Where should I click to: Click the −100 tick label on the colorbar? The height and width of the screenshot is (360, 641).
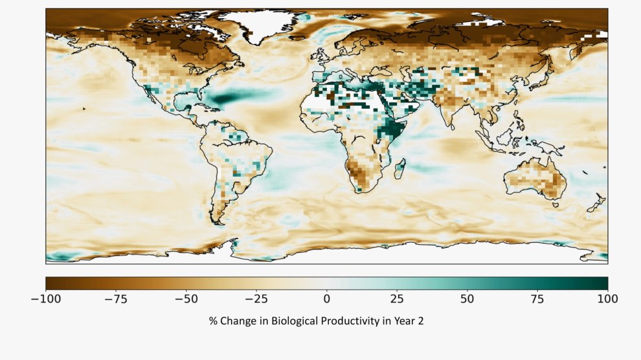pos(46,298)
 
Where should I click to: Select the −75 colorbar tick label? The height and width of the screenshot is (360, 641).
pos(116,298)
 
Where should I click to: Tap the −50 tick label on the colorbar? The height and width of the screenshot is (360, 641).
pos(186,298)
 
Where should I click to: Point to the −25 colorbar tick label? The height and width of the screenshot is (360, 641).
pos(256,298)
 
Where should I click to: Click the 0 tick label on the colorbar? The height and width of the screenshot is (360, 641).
pos(327,298)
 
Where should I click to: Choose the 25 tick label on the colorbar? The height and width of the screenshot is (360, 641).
pos(397,298)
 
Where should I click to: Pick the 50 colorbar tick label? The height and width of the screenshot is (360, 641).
pos(467,298)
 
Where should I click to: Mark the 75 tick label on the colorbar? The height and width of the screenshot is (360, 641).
pos(537,298)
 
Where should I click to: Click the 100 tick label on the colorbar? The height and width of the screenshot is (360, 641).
pos(607,298)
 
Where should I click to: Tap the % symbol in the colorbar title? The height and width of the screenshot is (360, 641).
pos(212,321)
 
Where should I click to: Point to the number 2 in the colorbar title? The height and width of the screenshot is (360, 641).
pos(421,321)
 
